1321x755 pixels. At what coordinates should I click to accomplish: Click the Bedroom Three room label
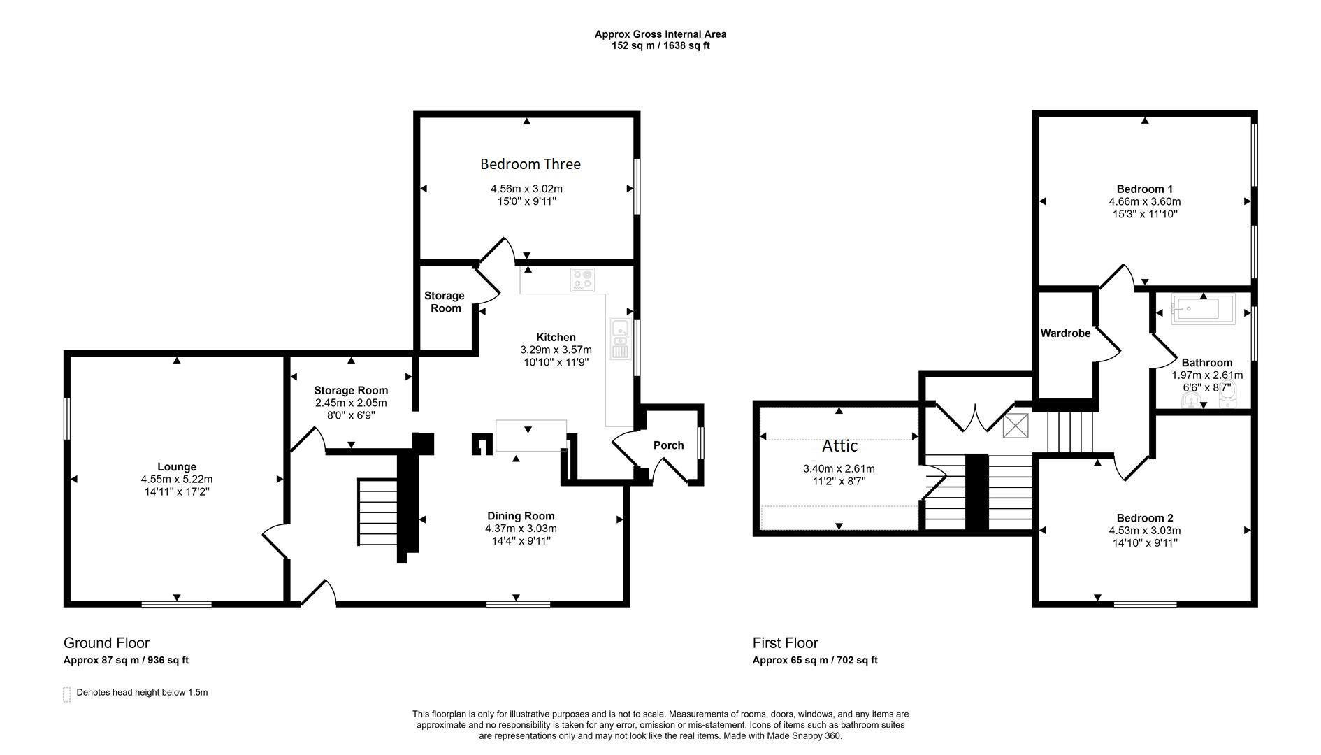point(530,164)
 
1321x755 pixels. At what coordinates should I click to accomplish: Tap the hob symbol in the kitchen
point(582,280)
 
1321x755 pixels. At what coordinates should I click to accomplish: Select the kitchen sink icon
point(619,339)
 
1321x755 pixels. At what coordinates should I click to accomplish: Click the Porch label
point(668,445)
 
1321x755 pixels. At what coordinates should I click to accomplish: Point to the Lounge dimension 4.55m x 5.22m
point(176,480)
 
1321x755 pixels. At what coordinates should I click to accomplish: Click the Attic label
point(839,446)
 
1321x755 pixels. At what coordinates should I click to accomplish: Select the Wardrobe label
point(1065,333)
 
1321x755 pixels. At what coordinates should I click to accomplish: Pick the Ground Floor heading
point(106,643)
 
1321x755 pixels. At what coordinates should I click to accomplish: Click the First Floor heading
point(785,643)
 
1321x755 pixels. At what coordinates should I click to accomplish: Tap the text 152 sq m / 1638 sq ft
point(660,46)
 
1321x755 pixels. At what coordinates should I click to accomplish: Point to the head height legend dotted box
point(67,694)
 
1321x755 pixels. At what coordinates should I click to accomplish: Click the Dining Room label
point(521,516)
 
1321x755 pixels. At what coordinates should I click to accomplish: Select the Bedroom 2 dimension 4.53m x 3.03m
point(1144,530)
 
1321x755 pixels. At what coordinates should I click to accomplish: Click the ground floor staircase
point(377,512)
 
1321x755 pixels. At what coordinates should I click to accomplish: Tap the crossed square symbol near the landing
point(1015,426)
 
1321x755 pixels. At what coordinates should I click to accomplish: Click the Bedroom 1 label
point(1144,189)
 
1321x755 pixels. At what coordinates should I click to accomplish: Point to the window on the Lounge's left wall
point(67,419)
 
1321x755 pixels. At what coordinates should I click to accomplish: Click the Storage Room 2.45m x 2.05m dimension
point(350,403)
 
